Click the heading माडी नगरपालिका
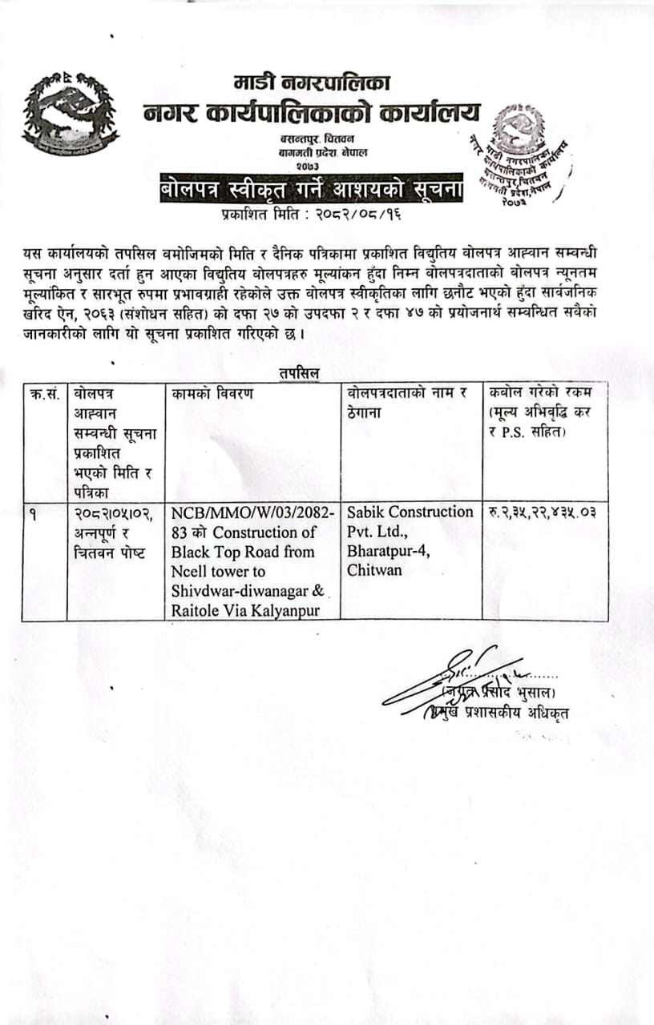coord(313,81)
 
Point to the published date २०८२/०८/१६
coord(353,215)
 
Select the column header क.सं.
coord(44,394)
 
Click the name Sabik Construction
coord(410,512)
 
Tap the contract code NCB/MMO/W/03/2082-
coord(254,512)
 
